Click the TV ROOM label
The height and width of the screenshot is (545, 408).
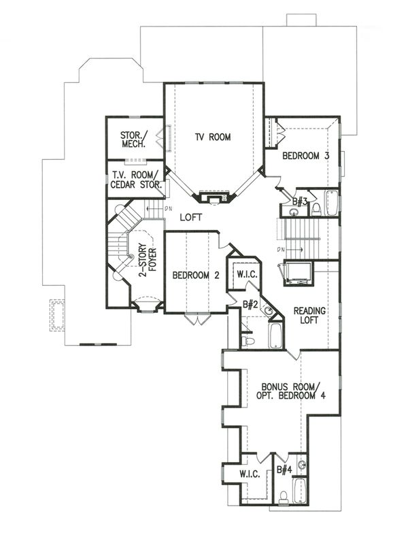(x=213, y=137)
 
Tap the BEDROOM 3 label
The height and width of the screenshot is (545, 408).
(x=305, y=156)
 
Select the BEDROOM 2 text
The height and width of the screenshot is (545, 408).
(x=196, y=276)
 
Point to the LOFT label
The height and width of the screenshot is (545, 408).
(x=190, y=218)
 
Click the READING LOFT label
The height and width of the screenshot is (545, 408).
(x=309, y=315)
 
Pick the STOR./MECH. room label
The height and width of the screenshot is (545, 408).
(x=134, y=139)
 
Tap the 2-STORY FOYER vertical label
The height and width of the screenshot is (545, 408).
(x=148, y=262)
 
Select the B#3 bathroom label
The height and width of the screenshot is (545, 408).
(x=300, y=201)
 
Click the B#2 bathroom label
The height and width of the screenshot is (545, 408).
(x=250, y=305)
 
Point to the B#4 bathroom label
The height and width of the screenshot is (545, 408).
(x=284, y=469)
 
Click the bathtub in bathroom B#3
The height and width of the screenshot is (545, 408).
(x=331, y=203)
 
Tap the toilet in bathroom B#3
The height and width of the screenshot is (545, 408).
(x=316, y=209)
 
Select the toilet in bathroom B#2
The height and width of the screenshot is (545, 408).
(x=248, y=341)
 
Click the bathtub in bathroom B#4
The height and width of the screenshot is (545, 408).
(x=299, y=491)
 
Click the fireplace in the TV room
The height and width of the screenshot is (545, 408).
(x=214, y=197)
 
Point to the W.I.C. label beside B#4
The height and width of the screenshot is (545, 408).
(x=250, y=474)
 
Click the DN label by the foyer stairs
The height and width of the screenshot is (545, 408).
(x=169, y=209)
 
